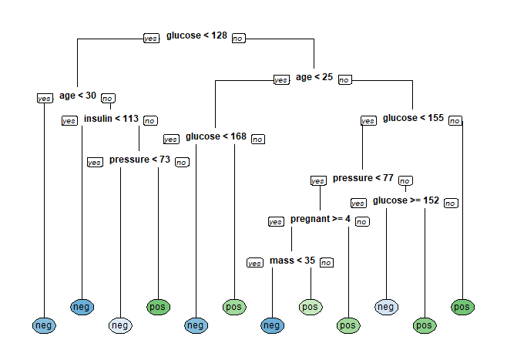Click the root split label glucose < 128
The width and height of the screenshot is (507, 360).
point(196,35)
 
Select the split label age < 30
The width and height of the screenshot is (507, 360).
point(78,96)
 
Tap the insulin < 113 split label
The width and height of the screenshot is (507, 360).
point(111,119)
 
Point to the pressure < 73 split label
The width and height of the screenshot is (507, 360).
point(139,160)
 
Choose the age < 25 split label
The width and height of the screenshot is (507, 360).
point(314,77)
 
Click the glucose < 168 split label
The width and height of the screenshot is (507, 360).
point(216,136)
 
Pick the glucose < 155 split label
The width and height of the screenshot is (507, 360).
point(413,118)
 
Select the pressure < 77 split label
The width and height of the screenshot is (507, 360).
point(363,178)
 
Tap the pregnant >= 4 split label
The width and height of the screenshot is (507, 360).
point(321,220)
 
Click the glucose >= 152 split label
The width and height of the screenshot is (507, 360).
point(406,200)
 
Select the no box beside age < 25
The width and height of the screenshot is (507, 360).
point(344,79)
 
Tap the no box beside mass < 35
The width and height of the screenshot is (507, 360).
point(327,263)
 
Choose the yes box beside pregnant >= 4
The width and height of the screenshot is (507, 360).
point(275,222)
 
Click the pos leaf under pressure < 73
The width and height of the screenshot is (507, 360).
point(158,307)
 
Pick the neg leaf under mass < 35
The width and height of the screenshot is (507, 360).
point(272,326)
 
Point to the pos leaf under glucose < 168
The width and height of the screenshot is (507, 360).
point(234,307)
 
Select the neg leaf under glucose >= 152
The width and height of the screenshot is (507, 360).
point(386,307)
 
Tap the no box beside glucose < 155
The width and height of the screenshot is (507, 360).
point(455,120)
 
